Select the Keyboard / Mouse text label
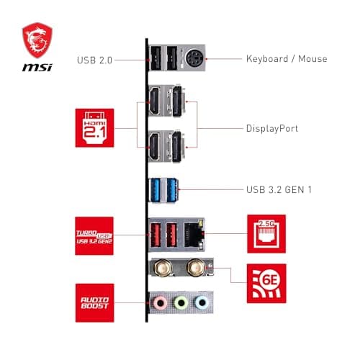click(287, 59)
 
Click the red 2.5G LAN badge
click(266, 233)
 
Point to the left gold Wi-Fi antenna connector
click(163, 269)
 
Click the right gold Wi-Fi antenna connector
click(193, 269)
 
